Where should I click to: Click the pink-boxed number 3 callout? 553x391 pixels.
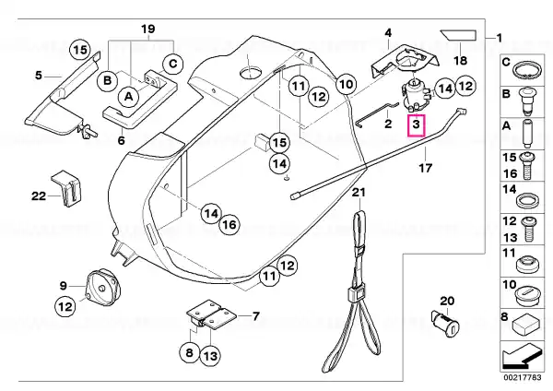417,124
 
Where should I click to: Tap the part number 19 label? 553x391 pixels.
148,29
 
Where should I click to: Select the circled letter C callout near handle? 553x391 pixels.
173,65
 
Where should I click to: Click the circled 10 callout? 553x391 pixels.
346,84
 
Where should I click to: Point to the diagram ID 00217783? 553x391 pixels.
522,377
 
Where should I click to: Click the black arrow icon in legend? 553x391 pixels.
520,356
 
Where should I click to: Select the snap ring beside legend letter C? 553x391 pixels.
527,71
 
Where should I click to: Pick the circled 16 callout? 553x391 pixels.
229,224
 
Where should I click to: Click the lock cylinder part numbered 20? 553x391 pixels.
445,324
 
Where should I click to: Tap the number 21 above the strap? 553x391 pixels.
359,193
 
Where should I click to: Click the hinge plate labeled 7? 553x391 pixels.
211,315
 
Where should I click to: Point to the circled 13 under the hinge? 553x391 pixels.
210,356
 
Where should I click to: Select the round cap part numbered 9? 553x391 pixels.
103,288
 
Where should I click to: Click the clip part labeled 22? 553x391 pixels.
67,189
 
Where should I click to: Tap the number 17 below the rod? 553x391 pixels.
425,168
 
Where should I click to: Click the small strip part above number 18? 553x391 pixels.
459,35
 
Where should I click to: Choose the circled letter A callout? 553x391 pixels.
129,96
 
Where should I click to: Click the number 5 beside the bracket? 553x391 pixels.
39,76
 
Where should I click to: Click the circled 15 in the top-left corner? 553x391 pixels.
79,50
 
